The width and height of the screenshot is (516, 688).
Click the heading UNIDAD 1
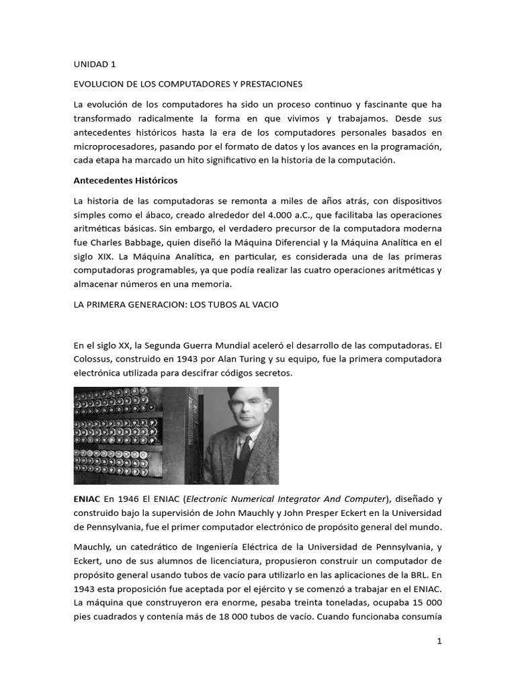click(95, 64)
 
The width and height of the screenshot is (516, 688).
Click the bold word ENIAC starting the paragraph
click(86, 499)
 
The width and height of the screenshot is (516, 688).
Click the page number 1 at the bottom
click(439, 642)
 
